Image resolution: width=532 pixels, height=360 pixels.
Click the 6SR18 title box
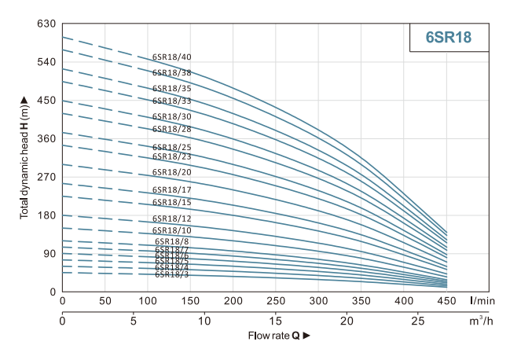[x=448, y=37]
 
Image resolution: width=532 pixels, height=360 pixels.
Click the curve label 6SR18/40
[x=171, y=57]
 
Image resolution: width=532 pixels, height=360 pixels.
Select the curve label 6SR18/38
[x=171, y=73]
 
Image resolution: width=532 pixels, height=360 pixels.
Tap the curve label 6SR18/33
[x=171, y=101]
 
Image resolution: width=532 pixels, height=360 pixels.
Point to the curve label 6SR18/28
[x=171, y=129]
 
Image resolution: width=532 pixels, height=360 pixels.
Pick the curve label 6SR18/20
[x=171, y=172]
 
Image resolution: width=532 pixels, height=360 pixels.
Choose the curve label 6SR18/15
[x=171, y=203]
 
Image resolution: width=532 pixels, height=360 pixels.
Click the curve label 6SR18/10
[x=171, y=230]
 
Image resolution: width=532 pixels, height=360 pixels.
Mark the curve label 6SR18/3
[x=171, y=274]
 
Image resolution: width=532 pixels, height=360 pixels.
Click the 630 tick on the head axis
[x=46, y=24]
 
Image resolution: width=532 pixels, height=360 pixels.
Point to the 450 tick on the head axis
[x=46, y=101]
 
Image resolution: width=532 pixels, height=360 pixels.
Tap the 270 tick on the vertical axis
[x=46, y=177]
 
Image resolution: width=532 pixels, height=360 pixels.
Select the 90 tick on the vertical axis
[x=49, y=253]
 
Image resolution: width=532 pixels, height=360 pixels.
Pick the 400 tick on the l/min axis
[x=404, y=301]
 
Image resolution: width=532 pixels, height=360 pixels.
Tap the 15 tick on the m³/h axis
[x=276, y=321]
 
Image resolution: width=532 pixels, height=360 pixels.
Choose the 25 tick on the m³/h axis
[x=418, y=321]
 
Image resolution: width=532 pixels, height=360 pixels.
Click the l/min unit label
[x=482, y=301]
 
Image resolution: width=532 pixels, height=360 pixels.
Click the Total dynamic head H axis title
[x=24, y=157]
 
